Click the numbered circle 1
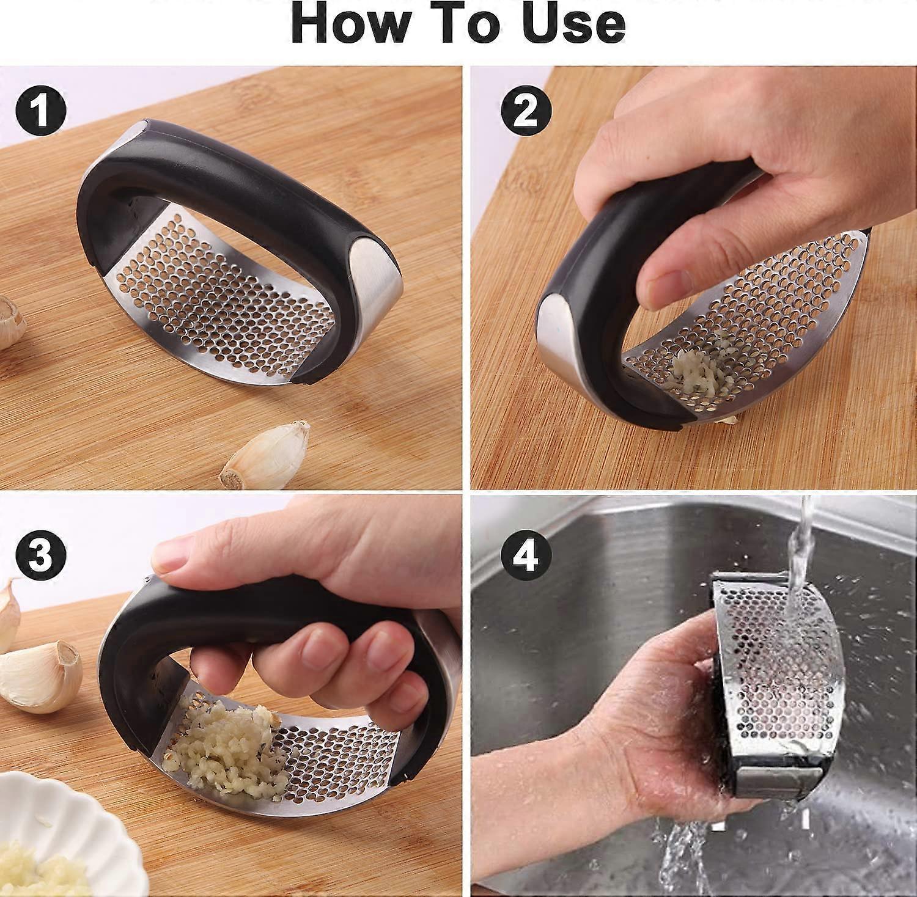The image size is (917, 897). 41,111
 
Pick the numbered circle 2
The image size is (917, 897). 526,111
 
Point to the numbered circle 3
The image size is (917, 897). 41,555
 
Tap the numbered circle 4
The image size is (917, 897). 526,555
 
